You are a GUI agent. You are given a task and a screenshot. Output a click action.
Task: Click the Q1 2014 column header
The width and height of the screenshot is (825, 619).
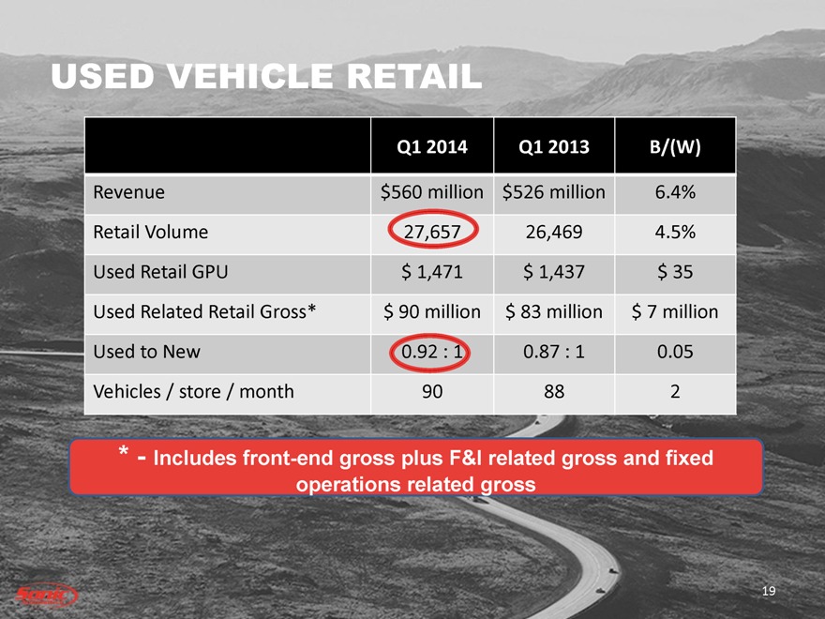tap(431, 147)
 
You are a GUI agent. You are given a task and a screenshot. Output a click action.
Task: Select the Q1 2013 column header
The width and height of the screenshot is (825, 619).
tap(553, 147)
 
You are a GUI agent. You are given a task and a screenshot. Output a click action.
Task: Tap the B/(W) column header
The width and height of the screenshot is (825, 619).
tap(675, 147)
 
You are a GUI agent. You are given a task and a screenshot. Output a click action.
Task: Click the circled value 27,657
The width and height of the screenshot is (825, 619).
tap(431, 231)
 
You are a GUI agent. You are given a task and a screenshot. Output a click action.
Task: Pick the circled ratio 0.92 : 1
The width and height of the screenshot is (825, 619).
tap(431, 352)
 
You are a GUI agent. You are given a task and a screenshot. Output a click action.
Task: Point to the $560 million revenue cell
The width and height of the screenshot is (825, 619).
tap(431, 192)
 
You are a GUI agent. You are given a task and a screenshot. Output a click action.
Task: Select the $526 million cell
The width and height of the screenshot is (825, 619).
tap(553, 192)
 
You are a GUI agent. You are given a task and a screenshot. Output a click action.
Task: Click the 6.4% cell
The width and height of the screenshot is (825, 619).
tap(675, 192)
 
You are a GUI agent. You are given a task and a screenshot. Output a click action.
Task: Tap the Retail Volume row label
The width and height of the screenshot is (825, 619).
tap(150, 231)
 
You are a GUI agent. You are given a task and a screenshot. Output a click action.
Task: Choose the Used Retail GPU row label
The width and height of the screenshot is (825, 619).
tap(160, 272)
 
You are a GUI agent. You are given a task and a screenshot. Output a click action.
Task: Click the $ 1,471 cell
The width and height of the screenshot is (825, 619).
tap(431, 272)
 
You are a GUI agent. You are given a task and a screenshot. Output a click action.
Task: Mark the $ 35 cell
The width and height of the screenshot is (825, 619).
tap(675, 272)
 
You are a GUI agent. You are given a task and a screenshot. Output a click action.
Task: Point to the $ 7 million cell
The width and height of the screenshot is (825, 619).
tap(675, 312)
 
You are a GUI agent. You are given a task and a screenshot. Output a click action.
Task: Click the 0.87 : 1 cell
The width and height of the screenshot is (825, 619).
tap(553, 352)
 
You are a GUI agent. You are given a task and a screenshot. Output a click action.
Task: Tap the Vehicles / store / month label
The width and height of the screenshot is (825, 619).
tap(193, 392)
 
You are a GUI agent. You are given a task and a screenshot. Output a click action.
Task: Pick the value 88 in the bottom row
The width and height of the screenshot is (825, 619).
tap(553, 392)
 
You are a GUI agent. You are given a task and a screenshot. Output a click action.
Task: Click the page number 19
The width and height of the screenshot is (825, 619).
tap(770, 590)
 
